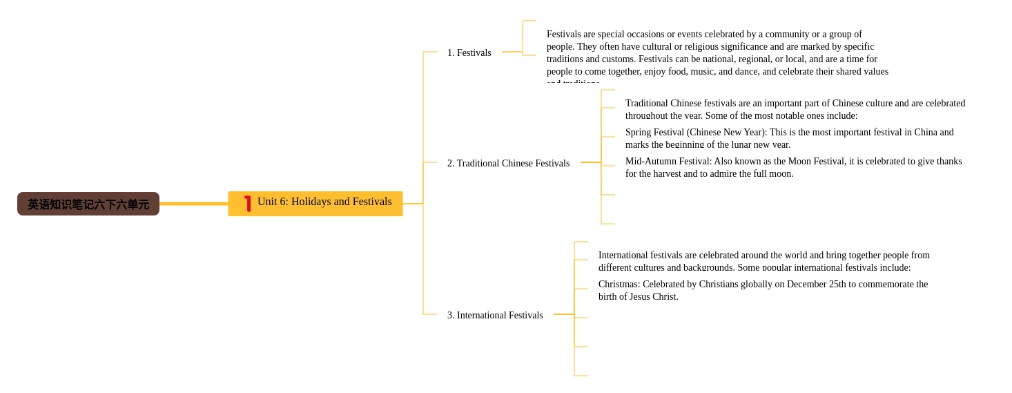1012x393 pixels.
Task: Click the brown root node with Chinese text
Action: point(88,204)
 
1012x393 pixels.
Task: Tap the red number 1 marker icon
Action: point(248,204)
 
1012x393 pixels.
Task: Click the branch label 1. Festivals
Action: point(469,52)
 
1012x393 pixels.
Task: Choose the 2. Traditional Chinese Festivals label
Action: point(508,163)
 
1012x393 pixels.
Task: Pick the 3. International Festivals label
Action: point(495,315)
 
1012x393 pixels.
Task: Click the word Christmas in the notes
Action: point(619,284)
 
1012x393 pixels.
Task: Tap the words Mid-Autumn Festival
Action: point(668,161)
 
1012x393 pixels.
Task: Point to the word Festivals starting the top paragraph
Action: point(566,34)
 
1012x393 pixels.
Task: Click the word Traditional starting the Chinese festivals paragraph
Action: point(646,103)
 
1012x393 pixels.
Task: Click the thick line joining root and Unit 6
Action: point(193,204)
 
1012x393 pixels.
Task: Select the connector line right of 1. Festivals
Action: point(512,52)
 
